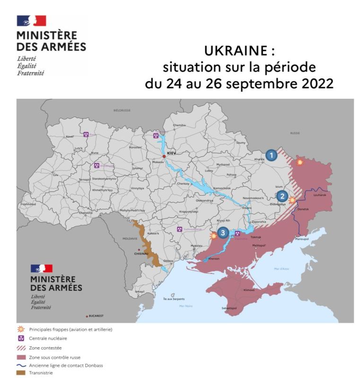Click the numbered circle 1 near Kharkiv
[271, 155]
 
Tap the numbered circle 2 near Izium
[282, 196]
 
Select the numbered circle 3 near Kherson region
[223, 232]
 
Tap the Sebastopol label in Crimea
[229, 308]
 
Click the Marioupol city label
[301, 239]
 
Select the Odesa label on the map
[168, 261]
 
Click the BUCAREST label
[96, 315]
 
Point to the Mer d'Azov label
[281, 269]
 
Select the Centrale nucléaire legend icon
[21, 338]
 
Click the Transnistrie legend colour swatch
[21, 373]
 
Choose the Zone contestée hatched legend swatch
[21, 347]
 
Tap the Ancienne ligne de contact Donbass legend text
[66, 365]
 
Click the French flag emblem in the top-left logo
[31, 21]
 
